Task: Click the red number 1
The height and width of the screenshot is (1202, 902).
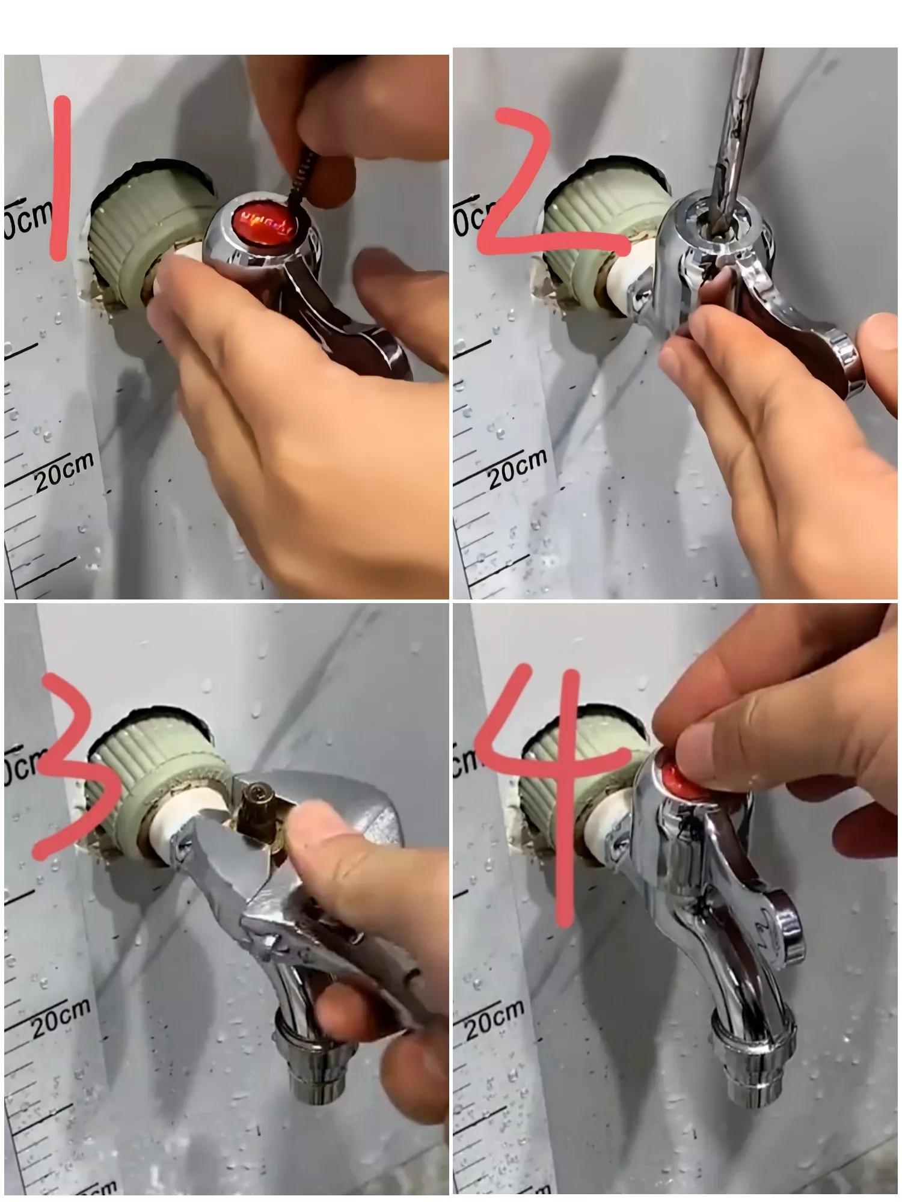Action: click(x=60, y=180)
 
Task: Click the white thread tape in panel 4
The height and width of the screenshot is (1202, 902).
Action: click(x=601, y=824)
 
